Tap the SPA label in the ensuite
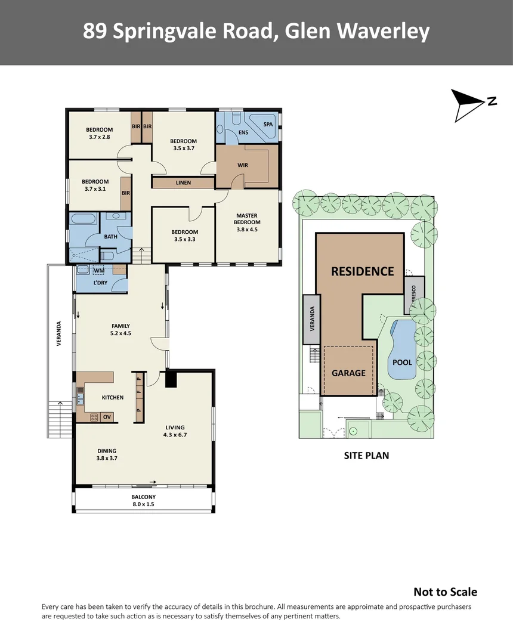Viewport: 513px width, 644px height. click(x=268, y=123)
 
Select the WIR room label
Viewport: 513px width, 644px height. click(x=242, y=165)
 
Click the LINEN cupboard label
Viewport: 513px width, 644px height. click(x=183, y=182)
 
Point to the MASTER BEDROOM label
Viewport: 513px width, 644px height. click(x=247, y=219)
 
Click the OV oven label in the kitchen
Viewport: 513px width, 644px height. click(x=107, y=417)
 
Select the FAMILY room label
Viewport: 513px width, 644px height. click(x=121, y=326)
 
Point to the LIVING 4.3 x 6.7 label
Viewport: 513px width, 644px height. click(x=175, y=431)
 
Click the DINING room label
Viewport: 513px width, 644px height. click(x=107, y=451)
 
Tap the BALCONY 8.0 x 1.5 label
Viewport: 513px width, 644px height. click(x=143, y=500)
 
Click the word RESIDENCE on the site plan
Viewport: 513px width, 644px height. click(x=363, y=271)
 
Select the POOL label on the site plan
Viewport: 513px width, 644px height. click(x=403, y=362)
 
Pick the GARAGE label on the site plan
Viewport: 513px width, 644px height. click(x=348, y=373)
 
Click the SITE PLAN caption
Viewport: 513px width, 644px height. click(x=366, y=456)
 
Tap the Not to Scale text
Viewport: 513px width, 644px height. click(x=445, y=592)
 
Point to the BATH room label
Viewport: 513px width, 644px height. click(x=111, y=237)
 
